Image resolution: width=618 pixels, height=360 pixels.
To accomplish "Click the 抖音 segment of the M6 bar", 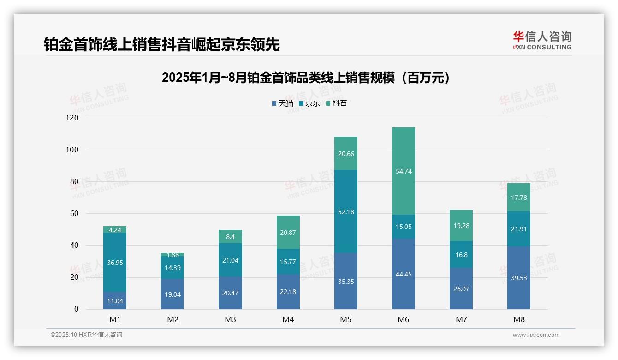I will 403,171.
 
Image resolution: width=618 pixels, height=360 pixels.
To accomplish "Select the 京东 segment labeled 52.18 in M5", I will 345,211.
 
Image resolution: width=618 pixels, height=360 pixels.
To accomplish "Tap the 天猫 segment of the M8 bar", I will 519,277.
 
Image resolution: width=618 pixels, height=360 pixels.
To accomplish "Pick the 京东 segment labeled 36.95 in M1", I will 115,262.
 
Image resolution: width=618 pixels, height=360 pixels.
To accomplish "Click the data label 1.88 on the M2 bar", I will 172,255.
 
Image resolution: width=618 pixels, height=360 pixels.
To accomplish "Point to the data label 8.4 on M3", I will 230,237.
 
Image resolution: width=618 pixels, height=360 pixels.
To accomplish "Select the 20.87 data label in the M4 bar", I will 288,233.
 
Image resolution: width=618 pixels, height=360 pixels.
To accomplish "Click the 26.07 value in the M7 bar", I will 461,289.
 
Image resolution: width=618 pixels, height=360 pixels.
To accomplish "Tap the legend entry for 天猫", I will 282,103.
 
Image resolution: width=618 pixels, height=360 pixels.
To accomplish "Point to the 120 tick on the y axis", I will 73,118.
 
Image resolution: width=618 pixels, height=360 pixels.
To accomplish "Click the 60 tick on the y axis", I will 74,214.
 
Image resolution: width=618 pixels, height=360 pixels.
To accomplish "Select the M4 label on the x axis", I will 288,320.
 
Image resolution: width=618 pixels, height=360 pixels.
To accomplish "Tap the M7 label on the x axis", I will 461,320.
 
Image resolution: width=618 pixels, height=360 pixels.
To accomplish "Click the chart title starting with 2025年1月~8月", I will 306,78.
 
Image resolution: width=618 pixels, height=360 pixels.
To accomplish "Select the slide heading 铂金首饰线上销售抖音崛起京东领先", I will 162,44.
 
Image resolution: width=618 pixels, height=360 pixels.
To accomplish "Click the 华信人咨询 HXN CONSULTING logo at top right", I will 542,40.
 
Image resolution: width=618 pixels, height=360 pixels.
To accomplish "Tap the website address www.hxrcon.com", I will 536,335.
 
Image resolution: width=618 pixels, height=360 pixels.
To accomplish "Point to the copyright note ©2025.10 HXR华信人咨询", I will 86,335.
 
